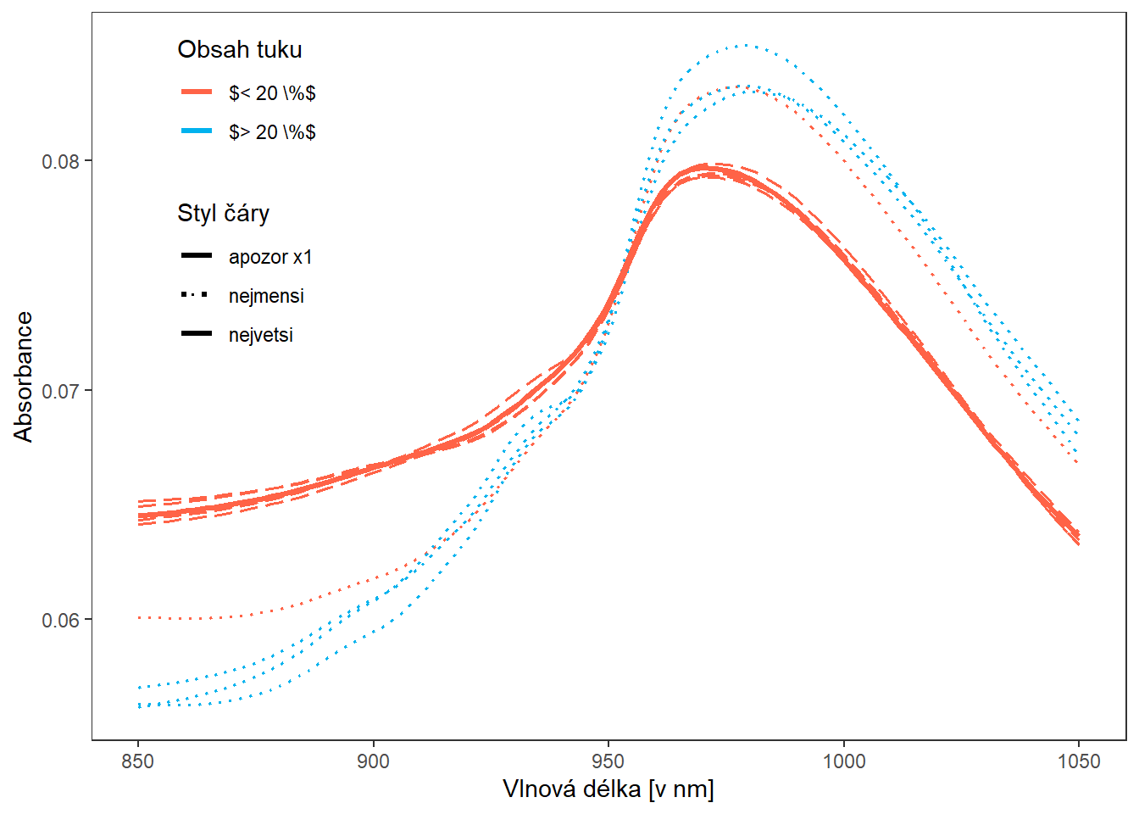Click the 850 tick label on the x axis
click(138, 761)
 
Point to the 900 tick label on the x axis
click(373, 761)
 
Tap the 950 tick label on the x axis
click(608, 761)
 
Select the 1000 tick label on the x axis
click(844, 761)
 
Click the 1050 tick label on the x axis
click(1079, 761)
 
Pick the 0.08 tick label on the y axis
click(65, 161)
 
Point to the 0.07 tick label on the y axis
click(65, 391)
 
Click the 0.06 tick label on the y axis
click(65, 620)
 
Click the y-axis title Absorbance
click(24, 376)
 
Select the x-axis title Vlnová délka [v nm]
click(608, 789)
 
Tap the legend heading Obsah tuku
click(240, 50)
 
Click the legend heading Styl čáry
click(223, 213)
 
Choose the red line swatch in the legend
click(197, 92)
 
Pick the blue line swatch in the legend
click(197, 131)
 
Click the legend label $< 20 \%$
click(272, 93)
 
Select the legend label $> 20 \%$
click(272, 132)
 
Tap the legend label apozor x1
click(270, 257)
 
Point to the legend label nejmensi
click(266, 296)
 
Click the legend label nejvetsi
click(261, 335)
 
